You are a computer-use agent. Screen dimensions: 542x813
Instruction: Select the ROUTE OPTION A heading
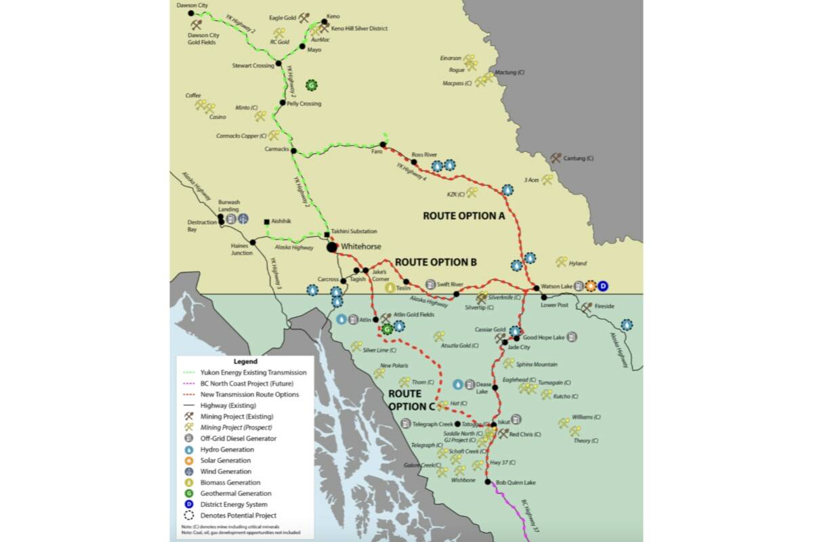pyautogui.click(x=465, y=216)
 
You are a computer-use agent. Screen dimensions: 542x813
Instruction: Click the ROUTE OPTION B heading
pyautogui.click(x=436, y=262)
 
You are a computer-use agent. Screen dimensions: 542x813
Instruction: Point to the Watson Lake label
pyautogui.click(x=556, y=287)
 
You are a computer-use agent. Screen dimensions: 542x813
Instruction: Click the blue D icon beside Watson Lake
pyautogui.click(x=603, y=286)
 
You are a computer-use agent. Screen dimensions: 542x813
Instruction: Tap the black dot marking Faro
pyautogui.click(x=383, y=144)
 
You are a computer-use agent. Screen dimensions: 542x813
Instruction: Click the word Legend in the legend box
pyautogui.click(x=245, y=362)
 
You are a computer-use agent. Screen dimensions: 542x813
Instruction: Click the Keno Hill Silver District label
pyautogui.click(x=358, y=29)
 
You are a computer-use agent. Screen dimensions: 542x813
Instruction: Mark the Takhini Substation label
pyautogui.click(x=354, y=231)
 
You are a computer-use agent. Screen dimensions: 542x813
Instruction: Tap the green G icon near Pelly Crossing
pyautogui.click(x=312, y=85)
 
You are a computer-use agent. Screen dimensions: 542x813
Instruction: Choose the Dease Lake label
pyautogui.click(x=482, y=388)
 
